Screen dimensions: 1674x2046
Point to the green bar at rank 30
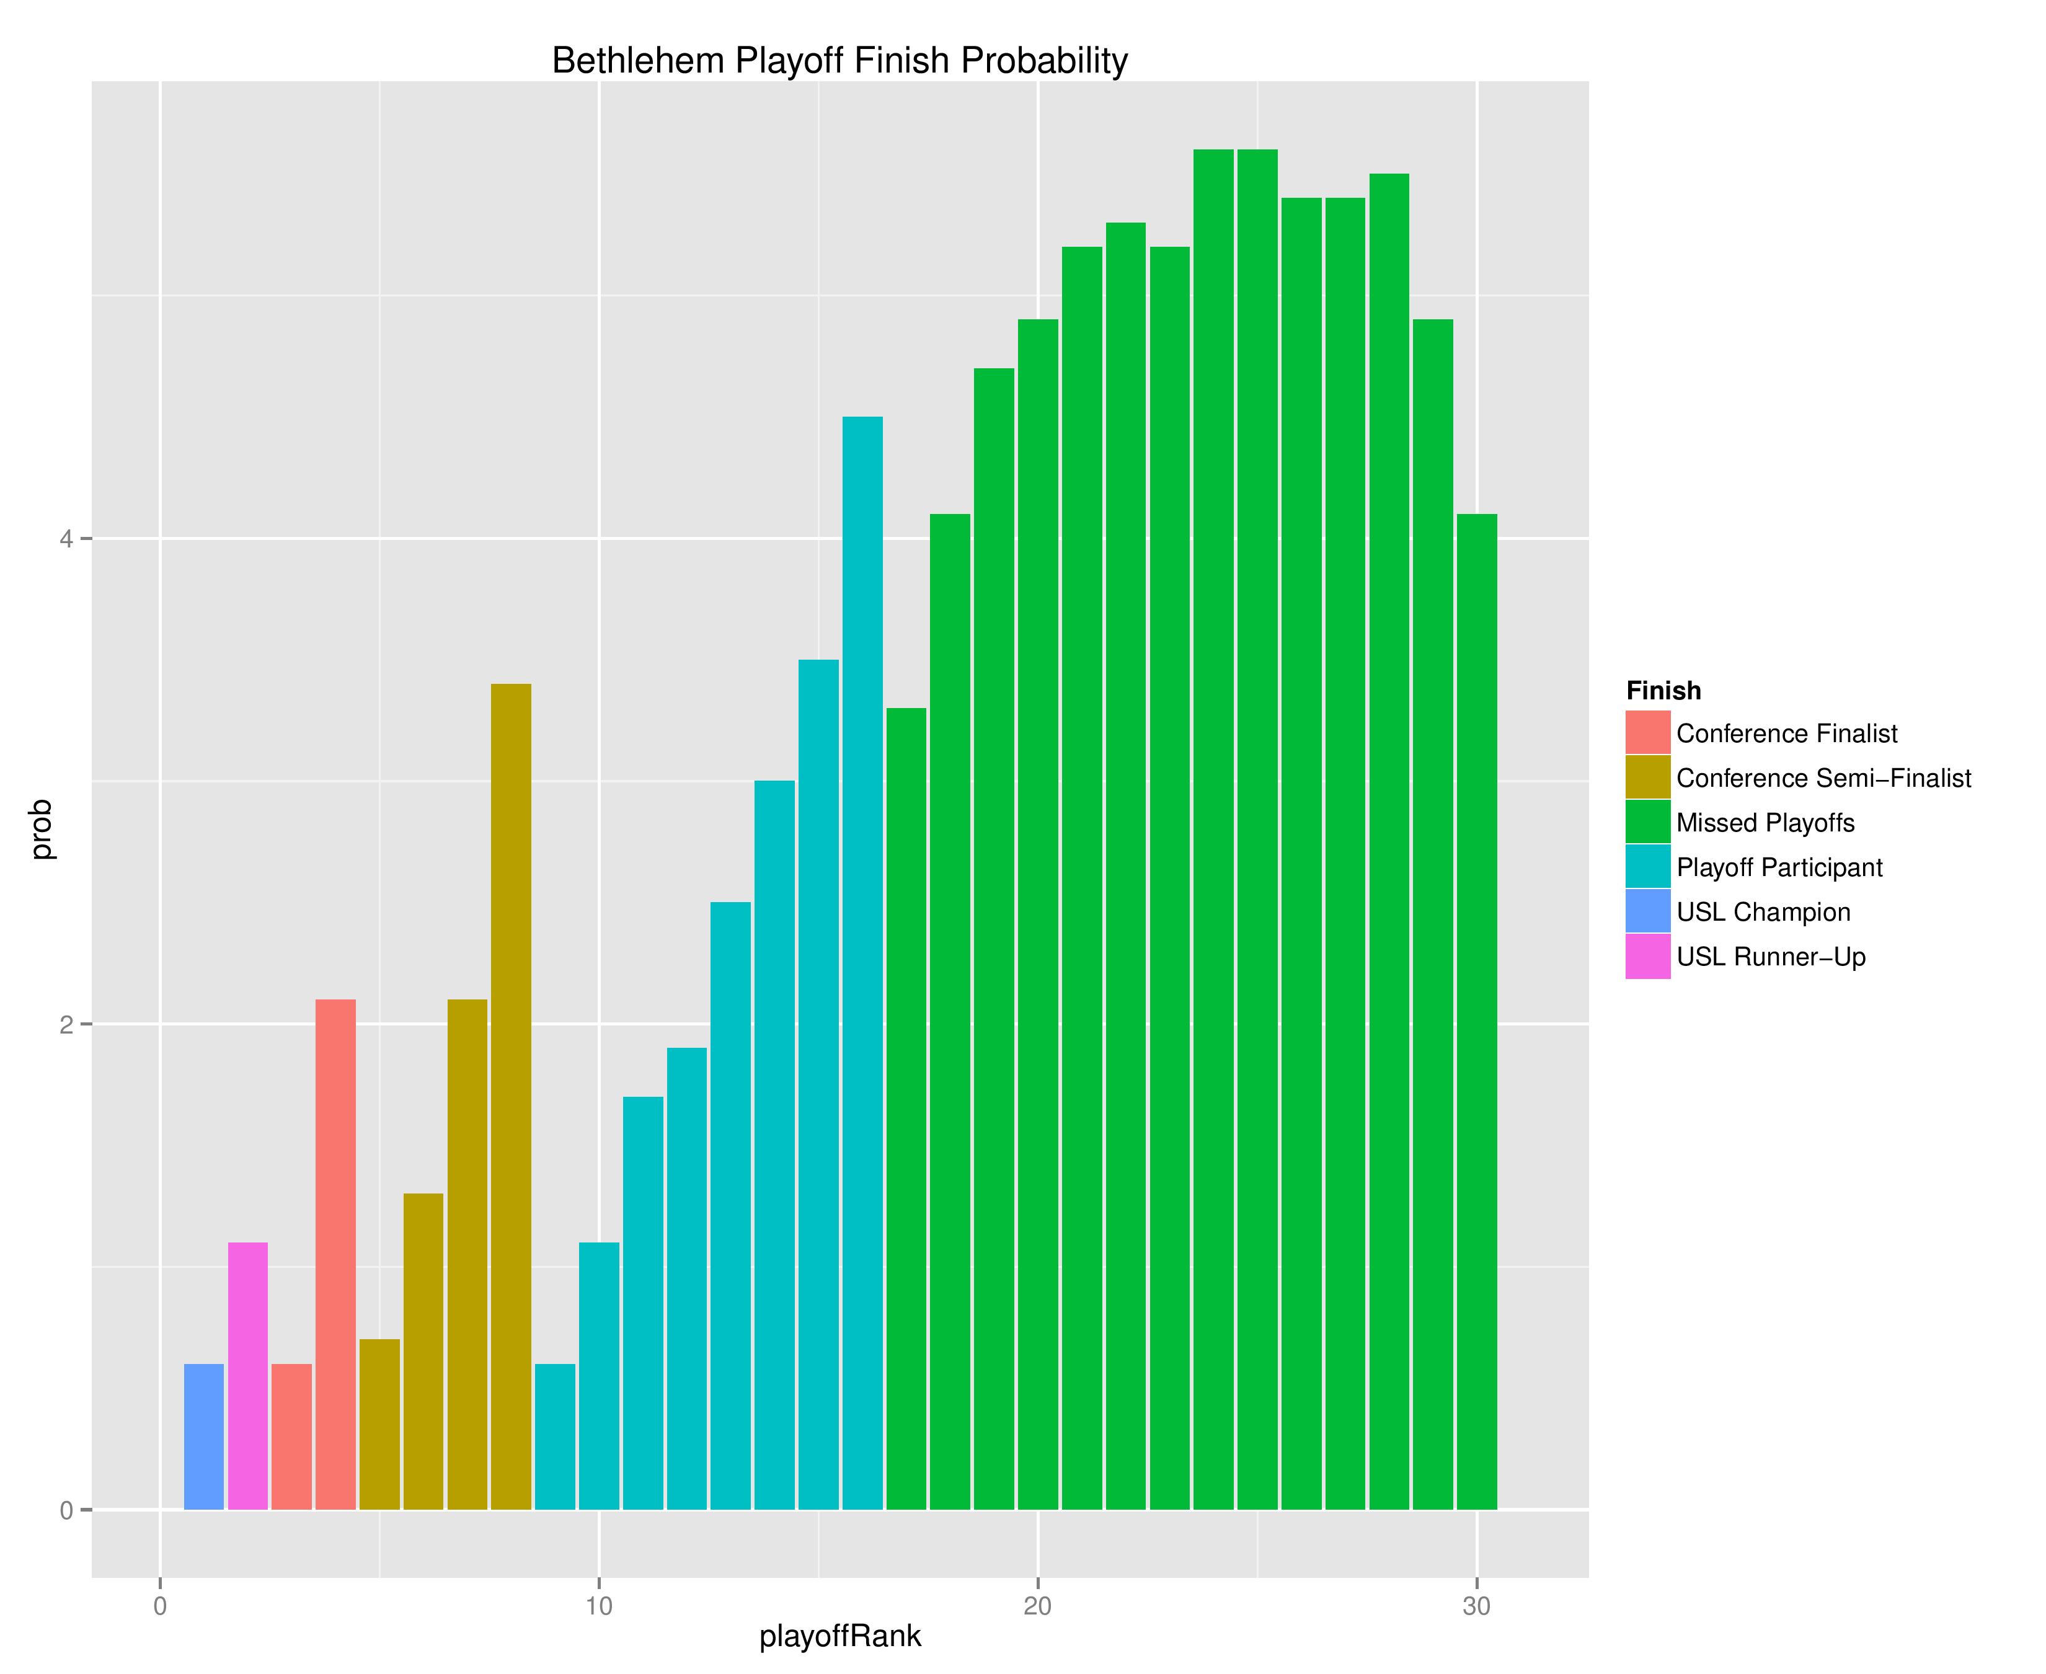[x=1476, y=1012]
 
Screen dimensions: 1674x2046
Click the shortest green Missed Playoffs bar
[x=906, y=1109]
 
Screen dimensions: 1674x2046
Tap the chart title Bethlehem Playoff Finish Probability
[x=839, y=61]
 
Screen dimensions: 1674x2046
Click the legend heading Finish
[x=1663, y=691]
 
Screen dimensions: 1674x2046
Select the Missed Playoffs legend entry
[x=1765, y=823]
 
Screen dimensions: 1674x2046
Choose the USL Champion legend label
[x=1763, y=912]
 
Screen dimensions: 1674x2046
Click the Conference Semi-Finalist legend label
[x=1823, y=778]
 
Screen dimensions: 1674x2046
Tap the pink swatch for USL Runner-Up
[x=1648, y=957]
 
